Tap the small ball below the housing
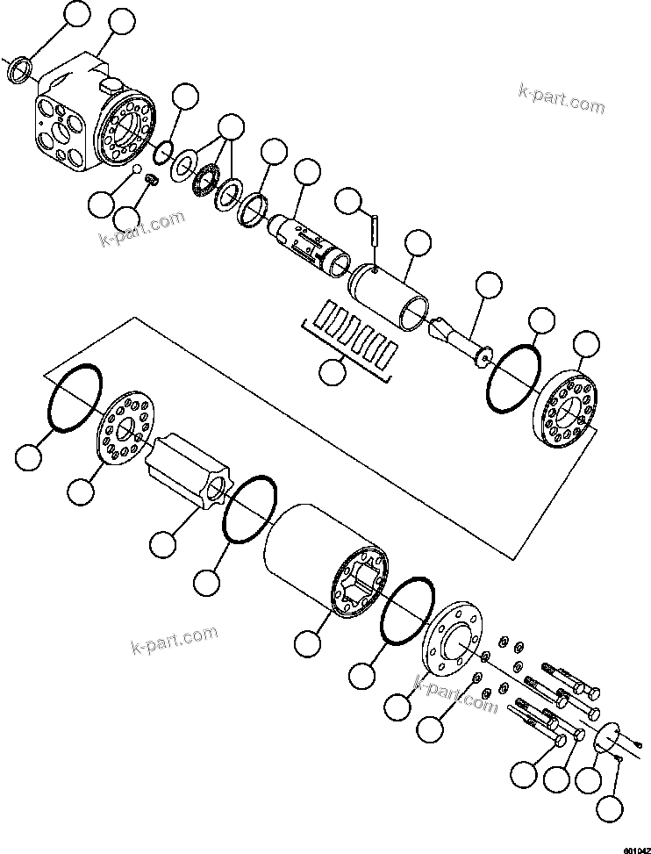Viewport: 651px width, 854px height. click(137, 169)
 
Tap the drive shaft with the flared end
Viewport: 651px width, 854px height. click(461, 337)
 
